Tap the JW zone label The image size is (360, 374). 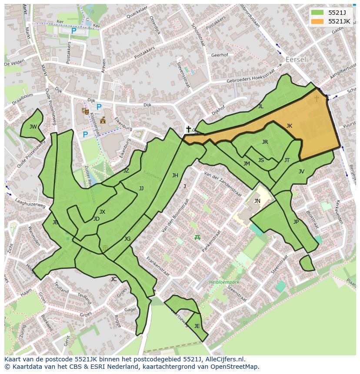pos(33,127)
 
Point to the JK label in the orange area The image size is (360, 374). pos(289,126)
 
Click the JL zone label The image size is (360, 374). pos(260,106)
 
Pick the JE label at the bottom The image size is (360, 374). pos(197,326)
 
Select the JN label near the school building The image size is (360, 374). pos(257,201)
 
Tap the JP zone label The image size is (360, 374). pos(296,222)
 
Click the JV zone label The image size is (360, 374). pos(301,172)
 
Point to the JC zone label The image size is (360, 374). pos(113,279)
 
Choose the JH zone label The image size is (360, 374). pos(175,175)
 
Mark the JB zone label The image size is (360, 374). pos(55,222)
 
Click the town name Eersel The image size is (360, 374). pos(296,60)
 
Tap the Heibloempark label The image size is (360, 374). pos(224,281)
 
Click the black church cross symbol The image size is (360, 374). pos(188,129)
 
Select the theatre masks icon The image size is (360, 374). pos(85,111)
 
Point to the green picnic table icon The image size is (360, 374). pos(197,237)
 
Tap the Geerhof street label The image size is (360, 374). pos(219,56)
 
